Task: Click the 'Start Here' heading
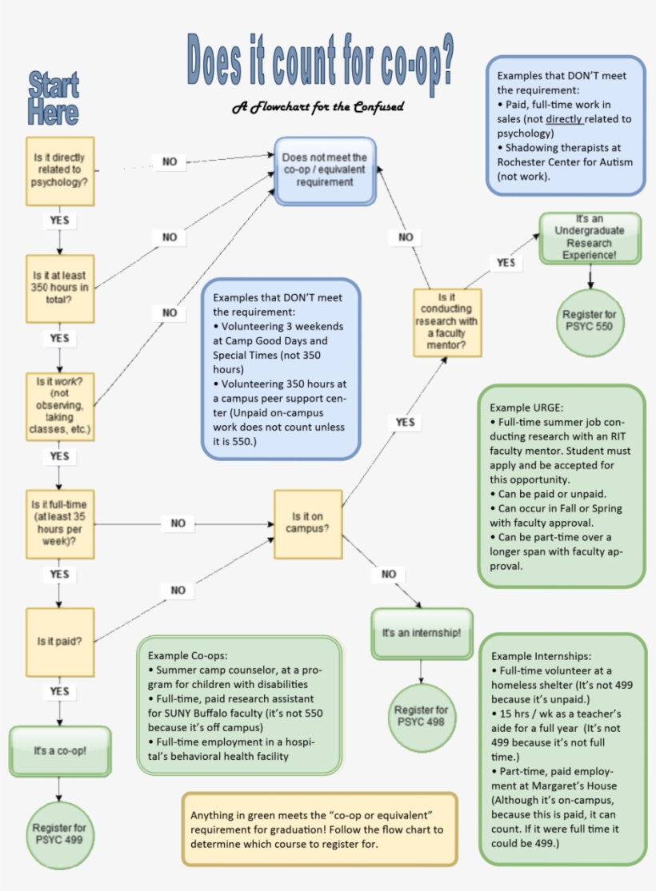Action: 54,98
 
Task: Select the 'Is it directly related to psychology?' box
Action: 60,170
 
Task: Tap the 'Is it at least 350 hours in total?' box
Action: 60,286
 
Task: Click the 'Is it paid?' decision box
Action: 60,641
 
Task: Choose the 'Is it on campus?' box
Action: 308,523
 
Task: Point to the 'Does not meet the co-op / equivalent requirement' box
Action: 325,170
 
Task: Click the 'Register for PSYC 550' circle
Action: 590,320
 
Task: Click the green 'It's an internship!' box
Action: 422,633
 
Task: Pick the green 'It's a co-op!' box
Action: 60,751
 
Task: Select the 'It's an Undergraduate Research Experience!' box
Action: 590,237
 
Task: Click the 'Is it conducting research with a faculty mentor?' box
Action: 447,322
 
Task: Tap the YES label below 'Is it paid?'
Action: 60,691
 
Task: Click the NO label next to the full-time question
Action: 178,523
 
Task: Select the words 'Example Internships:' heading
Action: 542,655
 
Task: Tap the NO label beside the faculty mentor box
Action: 406,237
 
